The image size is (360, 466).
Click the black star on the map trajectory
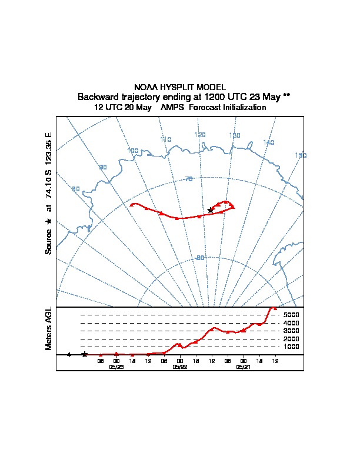tap(210, 210)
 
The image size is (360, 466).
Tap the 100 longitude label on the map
tap(133, 151)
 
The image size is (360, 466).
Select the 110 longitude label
tap(165, 139)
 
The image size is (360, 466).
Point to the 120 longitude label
tap(200, 135)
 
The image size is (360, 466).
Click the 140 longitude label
tap(269, 142)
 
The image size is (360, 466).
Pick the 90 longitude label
tap(103, 168)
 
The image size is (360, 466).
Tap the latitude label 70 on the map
tap(189, 179)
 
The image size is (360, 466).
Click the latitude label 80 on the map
tap(200, 258)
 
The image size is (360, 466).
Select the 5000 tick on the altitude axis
tap(292, 315)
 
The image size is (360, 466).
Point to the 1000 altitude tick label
tap(292, 347)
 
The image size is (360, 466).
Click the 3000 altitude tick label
tap(292, 331)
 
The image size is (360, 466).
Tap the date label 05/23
tap(116, 367)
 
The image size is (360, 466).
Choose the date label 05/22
tap(179, 367)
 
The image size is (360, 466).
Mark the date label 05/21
tap(243, 367)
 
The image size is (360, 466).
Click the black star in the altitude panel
tap(85, 354)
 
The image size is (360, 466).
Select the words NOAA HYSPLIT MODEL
tap(180, 86)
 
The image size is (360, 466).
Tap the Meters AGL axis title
tap(49, 328)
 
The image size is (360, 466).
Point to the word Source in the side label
tap(49, 241)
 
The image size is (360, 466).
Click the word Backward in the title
tap(96, 96)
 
